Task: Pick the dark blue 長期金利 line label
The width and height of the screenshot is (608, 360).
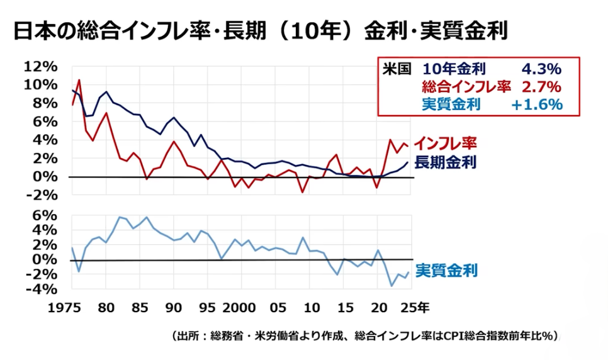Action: (x=445, y=162)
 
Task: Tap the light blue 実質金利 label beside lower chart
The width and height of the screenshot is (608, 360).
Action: (x=446, y=271)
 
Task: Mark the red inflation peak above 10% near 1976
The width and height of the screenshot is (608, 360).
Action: (x=79, y=80)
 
